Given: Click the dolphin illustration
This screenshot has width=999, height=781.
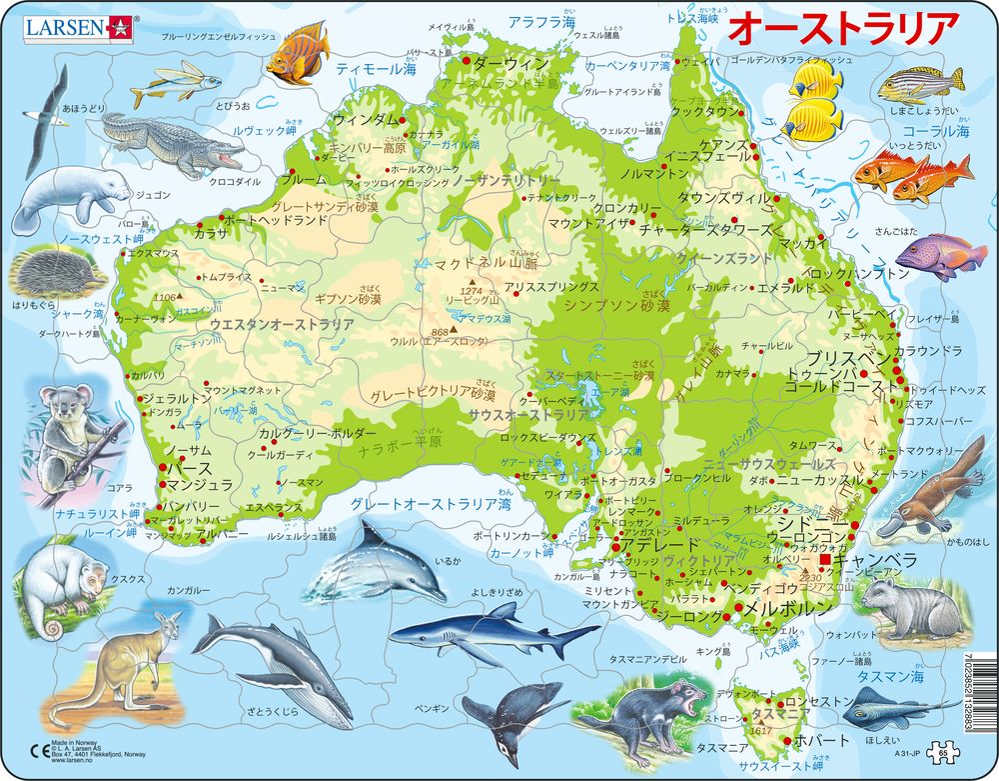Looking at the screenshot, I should pos(375,566).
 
